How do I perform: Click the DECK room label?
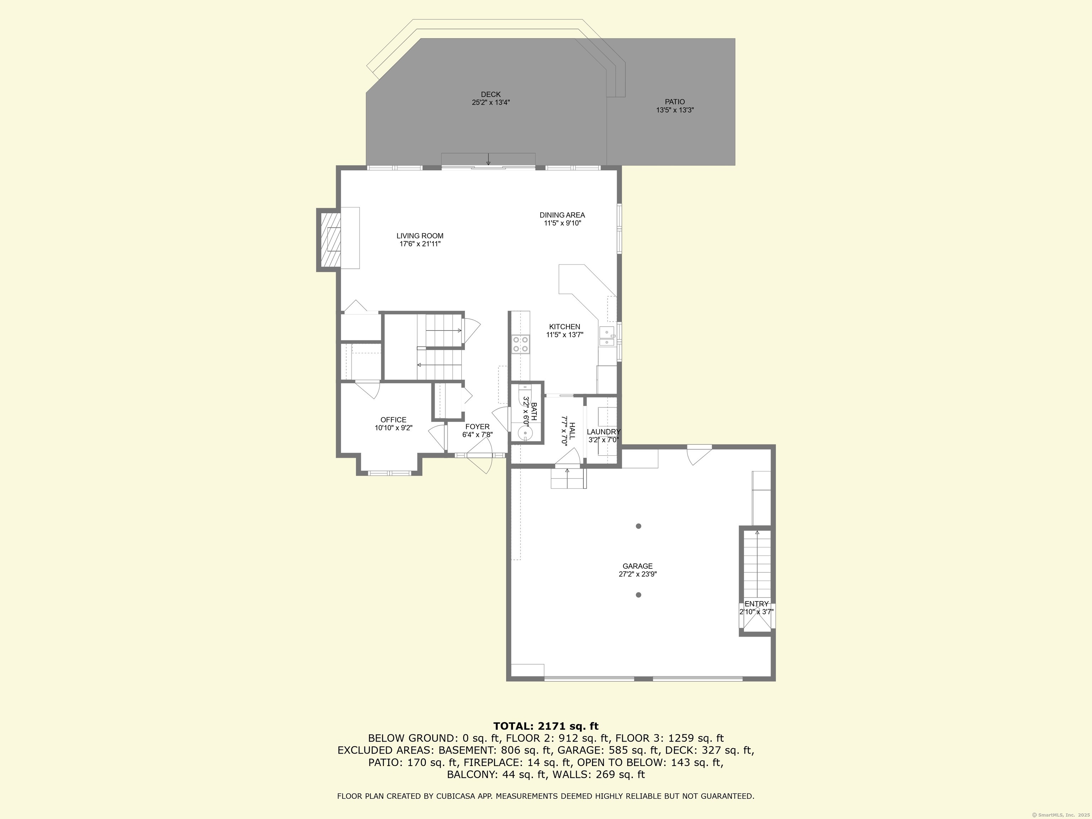pyautogui.click(x=490, y=94)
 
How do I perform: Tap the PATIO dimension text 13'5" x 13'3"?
pyautogui.click(x=675, y=111)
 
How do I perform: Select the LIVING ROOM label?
pyautogui.click(x=419, y=236)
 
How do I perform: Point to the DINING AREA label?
pyautogui.click(x=562, y=215)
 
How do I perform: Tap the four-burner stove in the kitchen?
pyautogui.click(x=520, y=344)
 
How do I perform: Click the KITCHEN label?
pyautogui.click(x=564, y=327)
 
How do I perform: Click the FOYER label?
pyautogui.click(x=477, y=427)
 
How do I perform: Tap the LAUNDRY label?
pyautogui.click(x=603, y=432)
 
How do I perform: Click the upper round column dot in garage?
pyautogui.click(x=638, y=526)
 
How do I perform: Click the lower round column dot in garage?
pyautogui.click(x=638, y=595)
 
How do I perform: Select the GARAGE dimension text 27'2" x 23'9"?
pyautogui.click(x=637, y=574)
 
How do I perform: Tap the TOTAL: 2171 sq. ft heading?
pyautogui.click(x=546, y=726)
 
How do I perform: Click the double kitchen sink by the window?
pyautogui.click(x=607, y=337)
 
